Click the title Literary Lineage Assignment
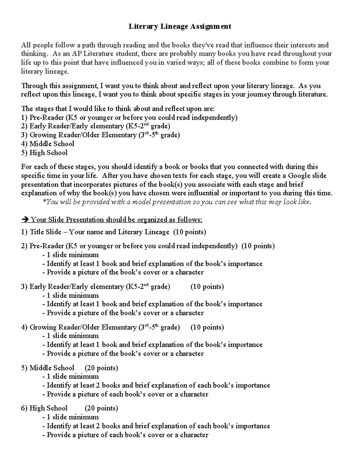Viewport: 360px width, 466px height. pyautogui.click(x=180, y=26)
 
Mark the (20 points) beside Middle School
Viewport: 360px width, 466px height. pyautogui.click(x=101, y=368)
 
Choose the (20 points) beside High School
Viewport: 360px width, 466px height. pyautogui.click(x=101, y=408)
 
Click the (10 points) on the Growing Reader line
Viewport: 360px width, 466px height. pyautogui.click(x=207, y=327)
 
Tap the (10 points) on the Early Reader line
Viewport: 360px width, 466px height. pyautogui.click(x=207, y=287)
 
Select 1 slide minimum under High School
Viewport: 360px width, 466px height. pyautogui.click(x=73, y=417)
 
